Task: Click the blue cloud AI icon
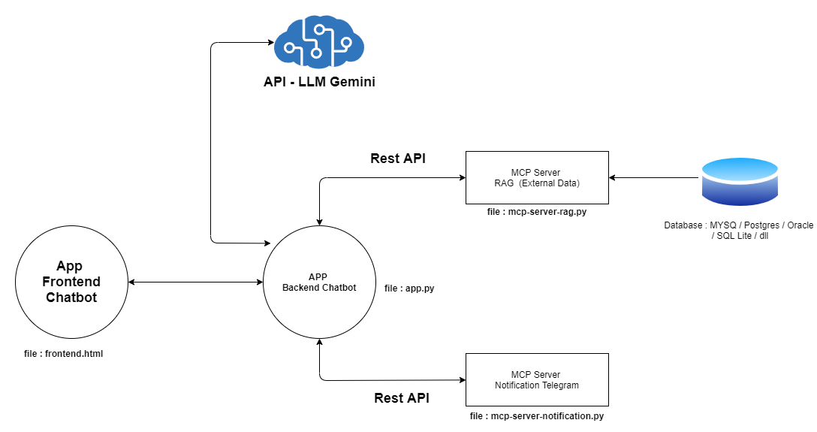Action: coord(319,43)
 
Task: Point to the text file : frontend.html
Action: coord(63,354)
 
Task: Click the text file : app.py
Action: coord(409,288)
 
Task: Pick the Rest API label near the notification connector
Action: coord(402,398)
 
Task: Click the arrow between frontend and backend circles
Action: coord(195,282)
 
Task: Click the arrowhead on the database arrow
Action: coord(614,178)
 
